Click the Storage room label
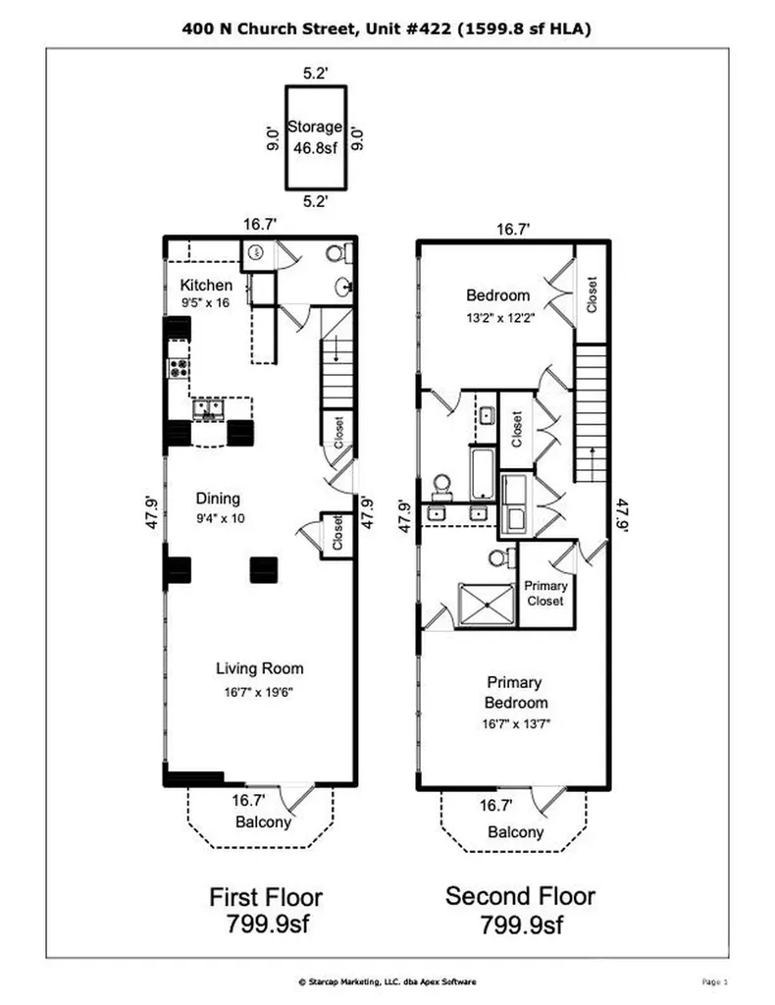(x=315, y=127)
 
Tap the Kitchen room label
(x=206, y=286)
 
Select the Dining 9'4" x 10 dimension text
(x=221, y=518)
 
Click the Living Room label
(x=259, y=668)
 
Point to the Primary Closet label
(x=545, y=594)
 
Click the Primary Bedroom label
(x=515, y=692)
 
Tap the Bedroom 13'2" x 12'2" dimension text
(x=500, y=317)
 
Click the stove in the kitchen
(x=179, y=368)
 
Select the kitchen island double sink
(x=209, y=409)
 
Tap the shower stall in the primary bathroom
(x=488, y=604)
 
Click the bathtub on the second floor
(x=482, y=474)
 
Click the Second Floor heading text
(x=520, y=896)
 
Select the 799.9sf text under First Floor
(x=267, y=924)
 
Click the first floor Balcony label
(x=263, y=821)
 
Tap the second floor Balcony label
(x=516, y=832)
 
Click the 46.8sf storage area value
(x=315, y=148)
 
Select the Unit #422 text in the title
(x=409, y=28)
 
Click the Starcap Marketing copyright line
(x=387, y=981)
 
